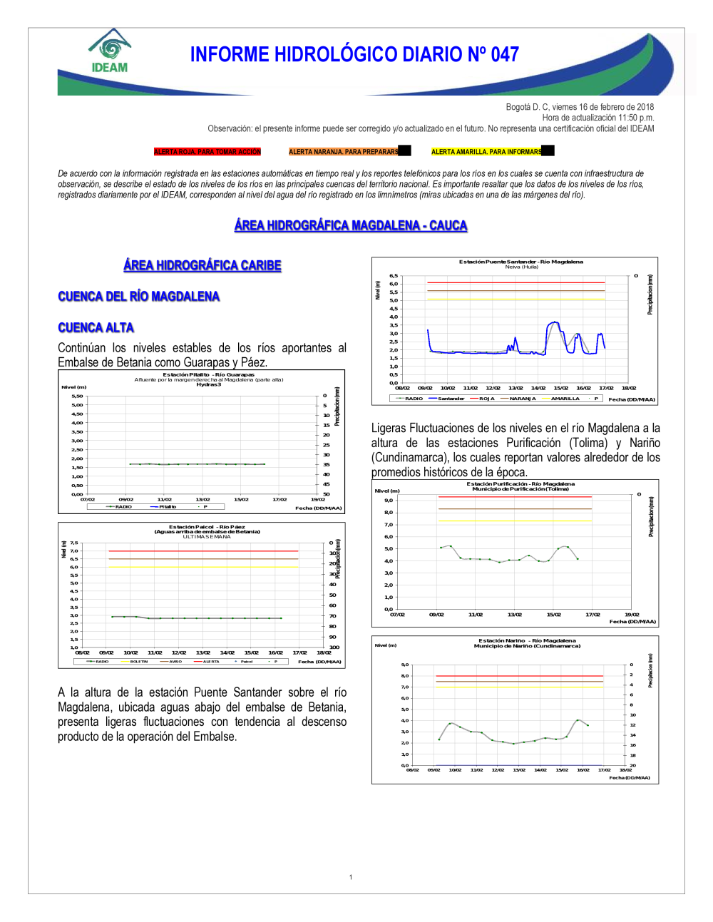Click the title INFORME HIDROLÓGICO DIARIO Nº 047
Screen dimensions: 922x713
(x=354, y=55)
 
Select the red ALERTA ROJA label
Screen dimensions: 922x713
(x=207, y=152)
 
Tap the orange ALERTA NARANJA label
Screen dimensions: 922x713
(x=344, y=152)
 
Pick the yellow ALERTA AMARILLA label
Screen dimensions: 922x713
(x=486, y=152)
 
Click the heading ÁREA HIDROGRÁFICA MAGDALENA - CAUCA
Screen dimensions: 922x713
(x=351, y=225)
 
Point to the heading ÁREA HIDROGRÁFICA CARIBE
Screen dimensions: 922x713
(x=202, y=265)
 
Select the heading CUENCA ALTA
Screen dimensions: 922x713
(x=96, y=327)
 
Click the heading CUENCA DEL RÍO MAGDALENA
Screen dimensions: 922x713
(x=139, y=297)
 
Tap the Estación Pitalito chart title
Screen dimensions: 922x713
(x=208, y=374)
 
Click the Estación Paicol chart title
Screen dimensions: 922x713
(x=207, y=527)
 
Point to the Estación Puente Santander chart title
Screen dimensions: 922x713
(x=520, y=262)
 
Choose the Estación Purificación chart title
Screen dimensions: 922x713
(x=520, y=484)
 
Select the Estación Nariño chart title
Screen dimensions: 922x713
(x=527, y=641)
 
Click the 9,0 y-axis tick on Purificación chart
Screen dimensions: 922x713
(x=389, y=500)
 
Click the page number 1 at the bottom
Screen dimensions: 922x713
(x=351, y=877)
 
